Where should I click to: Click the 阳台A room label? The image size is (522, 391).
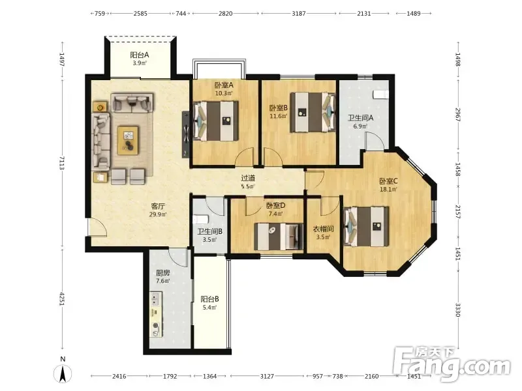coord(139,55)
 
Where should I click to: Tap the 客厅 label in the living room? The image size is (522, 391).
coord(158,207)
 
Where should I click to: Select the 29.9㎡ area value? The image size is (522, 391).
coord(158,214)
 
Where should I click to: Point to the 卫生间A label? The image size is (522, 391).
coord(361,118)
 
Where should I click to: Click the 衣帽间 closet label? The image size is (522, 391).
coord(323,229)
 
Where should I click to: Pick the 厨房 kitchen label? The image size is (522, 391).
coord(162,273)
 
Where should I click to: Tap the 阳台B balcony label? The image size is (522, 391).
coord(209,299)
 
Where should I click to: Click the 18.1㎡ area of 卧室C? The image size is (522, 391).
coord(388,190)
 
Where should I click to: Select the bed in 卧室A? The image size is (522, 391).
coord(216,121)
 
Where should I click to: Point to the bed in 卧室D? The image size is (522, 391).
coord(279,237)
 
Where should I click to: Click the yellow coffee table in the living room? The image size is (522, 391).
coord(128,140)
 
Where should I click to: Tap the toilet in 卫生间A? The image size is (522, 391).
coord(380,94)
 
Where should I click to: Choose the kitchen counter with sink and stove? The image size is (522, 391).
coord(156,315)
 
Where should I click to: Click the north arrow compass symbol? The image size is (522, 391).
coord(63,373)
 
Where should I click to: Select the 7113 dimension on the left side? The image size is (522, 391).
coord(61,164)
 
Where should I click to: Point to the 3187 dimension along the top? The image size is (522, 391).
coord(299,14)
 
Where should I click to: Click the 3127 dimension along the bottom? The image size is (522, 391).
coord(267,376)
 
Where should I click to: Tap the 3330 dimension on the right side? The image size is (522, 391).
coord(458,310)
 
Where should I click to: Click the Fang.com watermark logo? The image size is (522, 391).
coord(452,364)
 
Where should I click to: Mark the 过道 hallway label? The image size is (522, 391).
coord(248,178)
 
